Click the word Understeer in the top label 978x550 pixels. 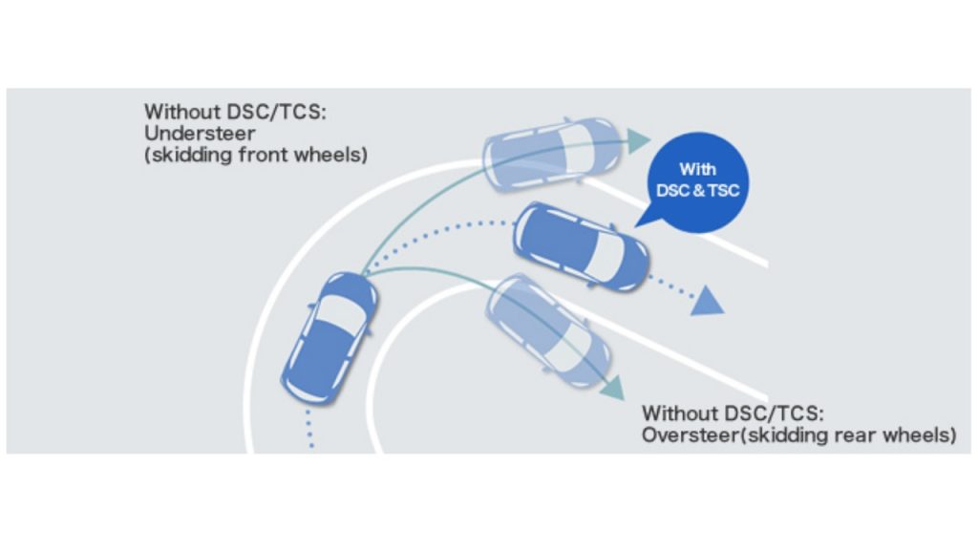196,133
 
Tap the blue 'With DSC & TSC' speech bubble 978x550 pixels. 697,181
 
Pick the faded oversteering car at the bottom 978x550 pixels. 548,329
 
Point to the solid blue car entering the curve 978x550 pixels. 329,336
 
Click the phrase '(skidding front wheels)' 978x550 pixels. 255,155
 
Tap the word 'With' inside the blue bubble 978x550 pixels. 697,169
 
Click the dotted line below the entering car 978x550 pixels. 310,430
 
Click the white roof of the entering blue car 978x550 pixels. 336,314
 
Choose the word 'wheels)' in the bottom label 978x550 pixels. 920,435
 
